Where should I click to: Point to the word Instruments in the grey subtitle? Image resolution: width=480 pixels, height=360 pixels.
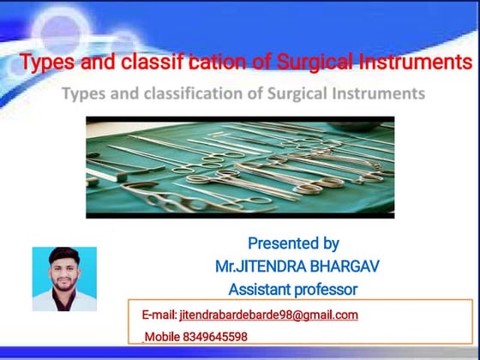coord(379,93)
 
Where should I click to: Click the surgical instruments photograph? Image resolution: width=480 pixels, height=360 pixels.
coord(240,167)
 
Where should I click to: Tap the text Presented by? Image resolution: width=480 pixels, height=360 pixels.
coord(293,243)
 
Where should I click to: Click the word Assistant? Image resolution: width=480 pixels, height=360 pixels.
coord(261,290)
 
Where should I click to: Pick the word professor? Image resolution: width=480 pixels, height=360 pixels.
coord(327,290)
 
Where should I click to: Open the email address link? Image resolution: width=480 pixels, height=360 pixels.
coord(269,315)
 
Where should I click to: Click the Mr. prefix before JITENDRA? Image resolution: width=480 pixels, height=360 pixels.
coord(226,267)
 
